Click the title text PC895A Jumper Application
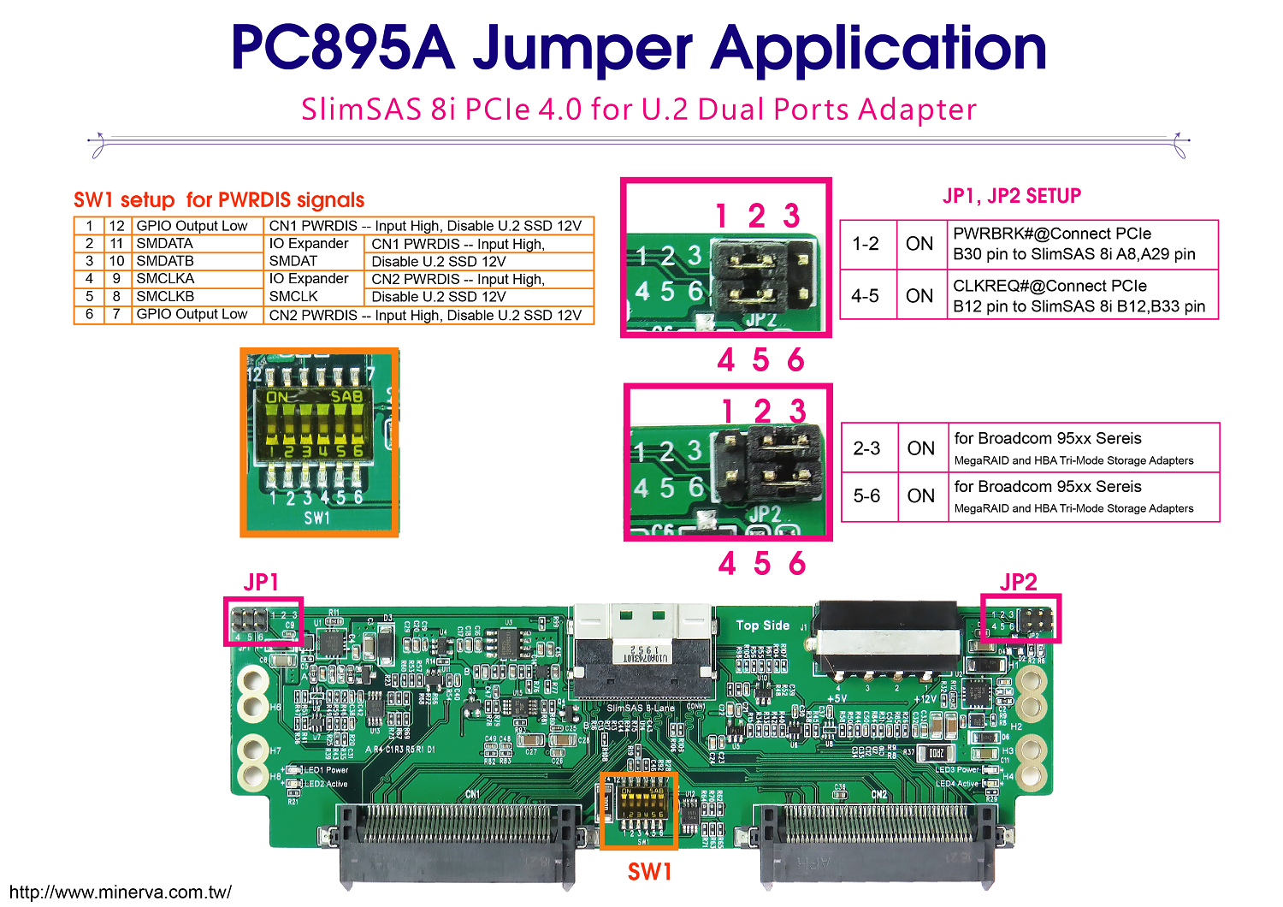(639, 49)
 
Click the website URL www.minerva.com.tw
(120, 892)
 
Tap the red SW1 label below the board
(649, 872)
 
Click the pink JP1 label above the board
(261, 583)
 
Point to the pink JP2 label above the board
(1018, 583)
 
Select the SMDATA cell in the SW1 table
(165, 244)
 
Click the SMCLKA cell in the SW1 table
(165, 279)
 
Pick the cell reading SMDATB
(165, 261)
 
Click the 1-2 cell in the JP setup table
(866, 244)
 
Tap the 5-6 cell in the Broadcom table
(867, 496)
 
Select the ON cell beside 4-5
(919, 296)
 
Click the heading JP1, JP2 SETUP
(1012, 196)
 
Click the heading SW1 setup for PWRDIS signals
(219, 200)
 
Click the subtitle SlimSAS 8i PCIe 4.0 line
(639, 110)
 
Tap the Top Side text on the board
(763, 625)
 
